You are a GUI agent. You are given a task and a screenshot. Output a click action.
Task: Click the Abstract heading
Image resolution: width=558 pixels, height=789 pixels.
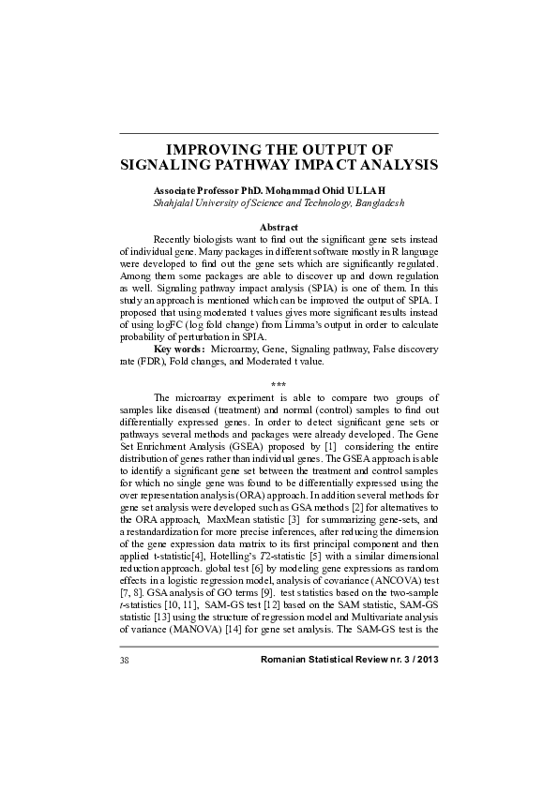click(x=279, y=228)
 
